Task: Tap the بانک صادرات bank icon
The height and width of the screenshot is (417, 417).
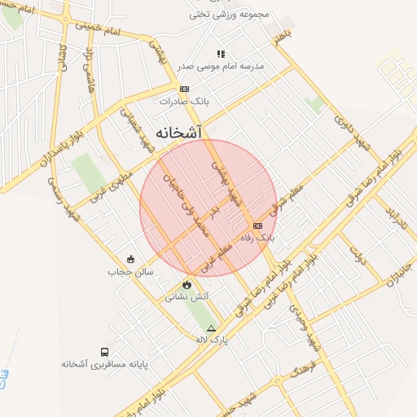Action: click(x=185, y=89)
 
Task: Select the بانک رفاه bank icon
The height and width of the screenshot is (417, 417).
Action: click(x=258, y=226)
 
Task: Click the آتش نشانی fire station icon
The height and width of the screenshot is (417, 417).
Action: click(x=188, y=285)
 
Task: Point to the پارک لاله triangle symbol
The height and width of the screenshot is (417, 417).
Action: click(x=212, y=328)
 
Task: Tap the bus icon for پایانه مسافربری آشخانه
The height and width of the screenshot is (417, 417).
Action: click(x=105, y=352)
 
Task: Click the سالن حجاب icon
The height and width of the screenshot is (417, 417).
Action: click(x=131, y=260)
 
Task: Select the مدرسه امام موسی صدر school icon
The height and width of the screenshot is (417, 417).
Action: click(x=221, y=54)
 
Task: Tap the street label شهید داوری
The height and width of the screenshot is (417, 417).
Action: click(x=353, y=129)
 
